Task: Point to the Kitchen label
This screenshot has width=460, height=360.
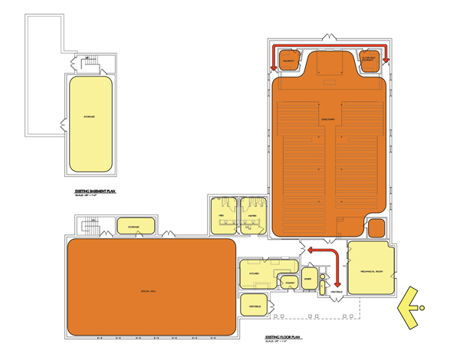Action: point(253,273)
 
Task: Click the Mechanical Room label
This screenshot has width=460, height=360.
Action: point(370,268)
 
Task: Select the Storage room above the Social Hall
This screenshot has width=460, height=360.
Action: point(133,227)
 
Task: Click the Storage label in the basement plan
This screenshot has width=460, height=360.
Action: point(89,116)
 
